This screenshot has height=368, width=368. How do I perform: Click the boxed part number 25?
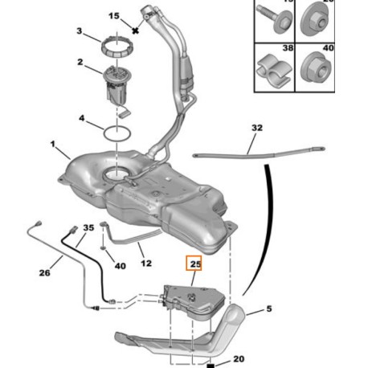pyautogui.click(x=195, y=264)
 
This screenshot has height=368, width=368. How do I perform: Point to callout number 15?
pyautogui.click(x=113, y=16)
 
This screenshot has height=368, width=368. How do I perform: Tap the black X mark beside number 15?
pyautogui.click(x=137, y=30)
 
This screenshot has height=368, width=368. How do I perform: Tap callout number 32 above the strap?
pyautogui.click(x=256, y=128)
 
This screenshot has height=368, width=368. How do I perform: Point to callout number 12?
pyautogui.click(x=145, y=262)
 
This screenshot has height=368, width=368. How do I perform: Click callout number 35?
pyautogui.click(x=88, y=228)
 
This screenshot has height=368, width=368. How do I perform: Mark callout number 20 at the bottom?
pyautogui.click(x=239, y=358)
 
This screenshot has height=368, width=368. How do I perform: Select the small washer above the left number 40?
pyautogui.click(x=105, y=249)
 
